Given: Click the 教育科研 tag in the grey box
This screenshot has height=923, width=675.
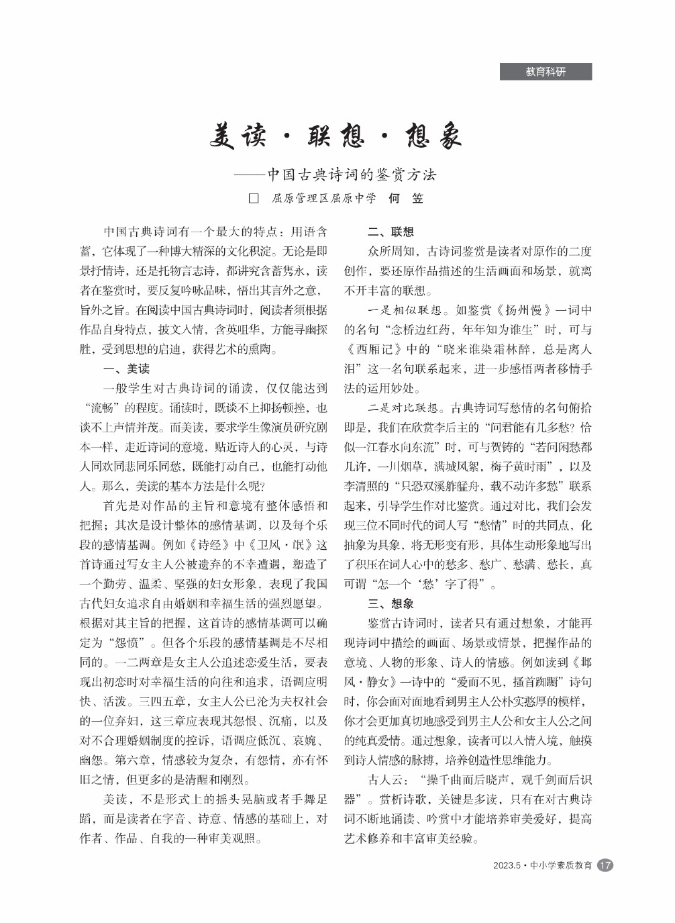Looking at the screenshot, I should pyautogui.click(x=546, y=72).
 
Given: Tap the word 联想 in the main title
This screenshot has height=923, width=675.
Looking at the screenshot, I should pyautogui.click(x=335, y=136).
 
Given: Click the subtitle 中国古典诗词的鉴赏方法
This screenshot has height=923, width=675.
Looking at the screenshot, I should pyautogui.click(x=352, y=175).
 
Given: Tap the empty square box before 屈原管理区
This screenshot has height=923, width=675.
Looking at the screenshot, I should pyautogui.click(x=254, y=199).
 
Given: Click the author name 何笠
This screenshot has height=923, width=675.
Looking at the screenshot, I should pyautogui.click(x=406, y=199).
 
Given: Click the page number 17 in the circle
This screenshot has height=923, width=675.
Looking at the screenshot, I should pyautogui.click(x=605, y=865).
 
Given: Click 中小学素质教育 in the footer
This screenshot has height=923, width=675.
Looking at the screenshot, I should pyautogui.click(x=562, y=866).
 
